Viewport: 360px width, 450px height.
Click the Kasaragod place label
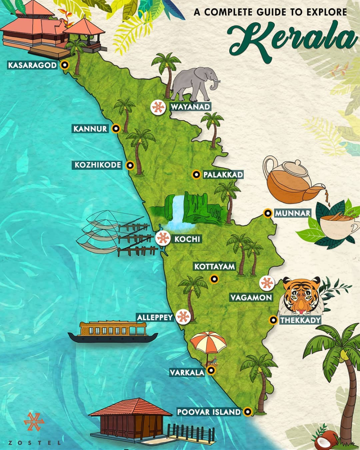coord(32,65)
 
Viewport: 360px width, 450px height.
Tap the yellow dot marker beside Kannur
coord(116,129)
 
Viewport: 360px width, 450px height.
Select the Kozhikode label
coord(98,165)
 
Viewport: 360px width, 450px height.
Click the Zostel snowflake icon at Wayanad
coord(158,107)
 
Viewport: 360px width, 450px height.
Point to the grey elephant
coord(194,84)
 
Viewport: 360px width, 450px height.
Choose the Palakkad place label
coord(223,175)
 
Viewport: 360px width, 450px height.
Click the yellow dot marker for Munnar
coord(267,213)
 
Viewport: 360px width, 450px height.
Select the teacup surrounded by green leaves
coord(337,225)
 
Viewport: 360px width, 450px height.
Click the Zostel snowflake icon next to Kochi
coord(163,238)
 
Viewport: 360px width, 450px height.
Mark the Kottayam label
coord(215,267)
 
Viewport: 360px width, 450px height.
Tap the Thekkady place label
coord(300,320)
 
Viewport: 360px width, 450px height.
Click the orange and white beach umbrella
coord(208,343)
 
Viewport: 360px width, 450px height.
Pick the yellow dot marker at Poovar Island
coord(247,412)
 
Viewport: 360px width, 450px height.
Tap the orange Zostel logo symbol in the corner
coord(34,422)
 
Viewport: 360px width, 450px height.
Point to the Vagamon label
coord(251,298)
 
